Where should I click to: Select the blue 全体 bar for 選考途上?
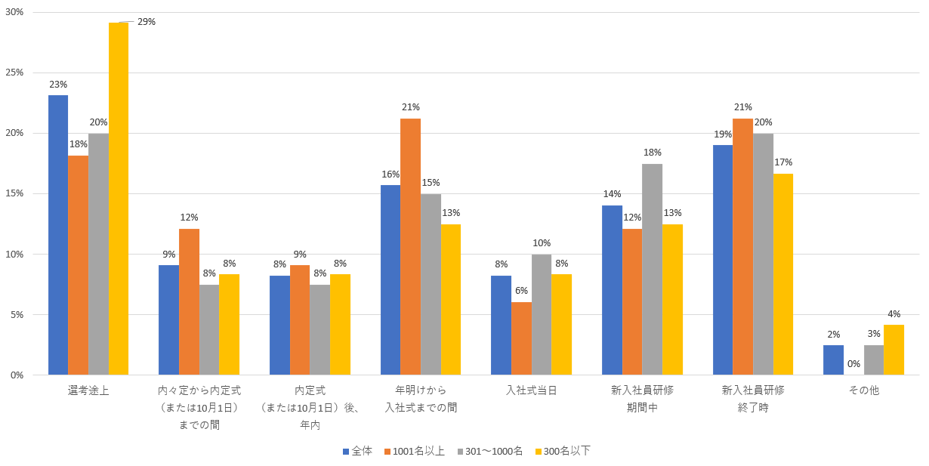[x=58, y=235]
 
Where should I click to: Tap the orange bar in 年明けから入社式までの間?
[x=410, y=246]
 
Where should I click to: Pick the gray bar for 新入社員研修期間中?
[x=652, y=269]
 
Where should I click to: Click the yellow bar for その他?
[x=894, y=350]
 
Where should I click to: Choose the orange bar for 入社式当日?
[x=521, y=338]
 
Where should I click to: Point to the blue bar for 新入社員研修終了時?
[x=723, y=260]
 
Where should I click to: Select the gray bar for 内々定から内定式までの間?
[x=209, y=329]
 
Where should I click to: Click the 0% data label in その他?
[x=853, y=363]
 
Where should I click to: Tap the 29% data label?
[x=147, y=22]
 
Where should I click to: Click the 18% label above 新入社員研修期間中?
[x=652, y=153]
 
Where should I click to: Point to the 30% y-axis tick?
[x=14, y=12]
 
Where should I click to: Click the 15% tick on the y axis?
[x=14, y=193]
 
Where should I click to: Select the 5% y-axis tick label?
[x=17, y=314]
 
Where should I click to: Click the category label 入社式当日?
[x=531, y=390]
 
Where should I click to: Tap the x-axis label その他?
[x=863, y=390]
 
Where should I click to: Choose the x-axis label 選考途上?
[x=88, y=390]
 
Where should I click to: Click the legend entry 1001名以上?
[x=418, y=451]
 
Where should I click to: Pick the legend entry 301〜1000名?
[x=493, y=451]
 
